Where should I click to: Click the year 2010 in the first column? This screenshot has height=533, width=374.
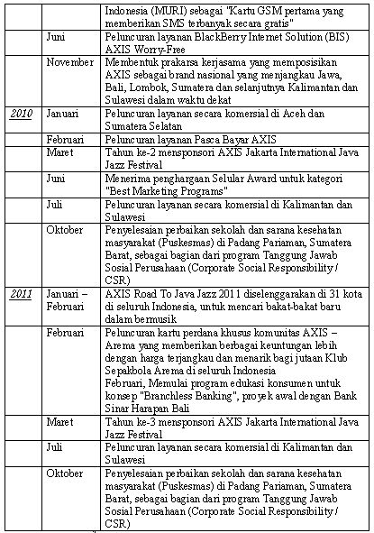click(21, 141)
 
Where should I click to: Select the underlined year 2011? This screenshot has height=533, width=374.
click(21, 294)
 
